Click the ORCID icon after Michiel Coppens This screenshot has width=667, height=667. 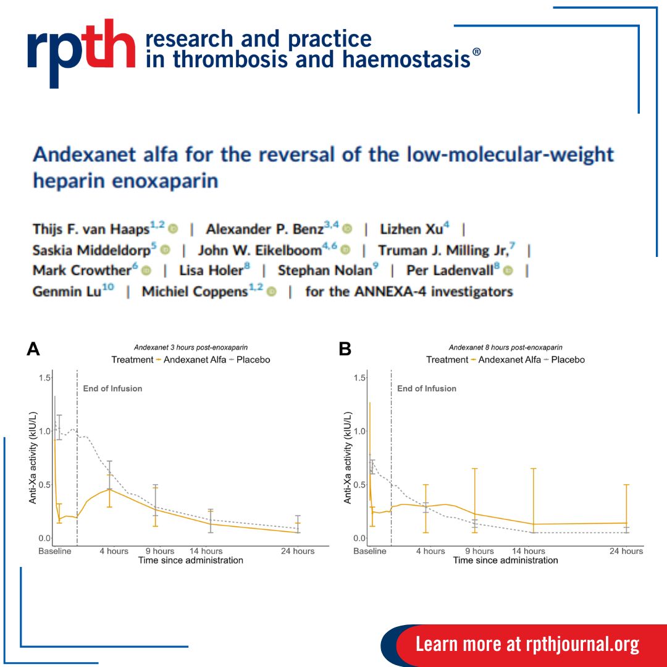(272, 292)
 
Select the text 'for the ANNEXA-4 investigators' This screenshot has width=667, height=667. (409, 292)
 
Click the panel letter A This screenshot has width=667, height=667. (33, 350)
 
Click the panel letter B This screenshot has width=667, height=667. (345, 350)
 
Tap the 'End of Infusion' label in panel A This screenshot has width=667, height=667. (112, 388)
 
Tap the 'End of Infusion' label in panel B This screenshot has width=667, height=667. (426, 388)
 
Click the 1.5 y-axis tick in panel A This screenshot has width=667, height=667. (44, 378)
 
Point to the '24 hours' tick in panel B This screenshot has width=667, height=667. (627, 551)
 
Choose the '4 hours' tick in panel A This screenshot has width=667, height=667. (114, 551)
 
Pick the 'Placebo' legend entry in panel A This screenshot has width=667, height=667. (254, 359)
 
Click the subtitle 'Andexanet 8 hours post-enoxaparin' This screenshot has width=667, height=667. (505, 348)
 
